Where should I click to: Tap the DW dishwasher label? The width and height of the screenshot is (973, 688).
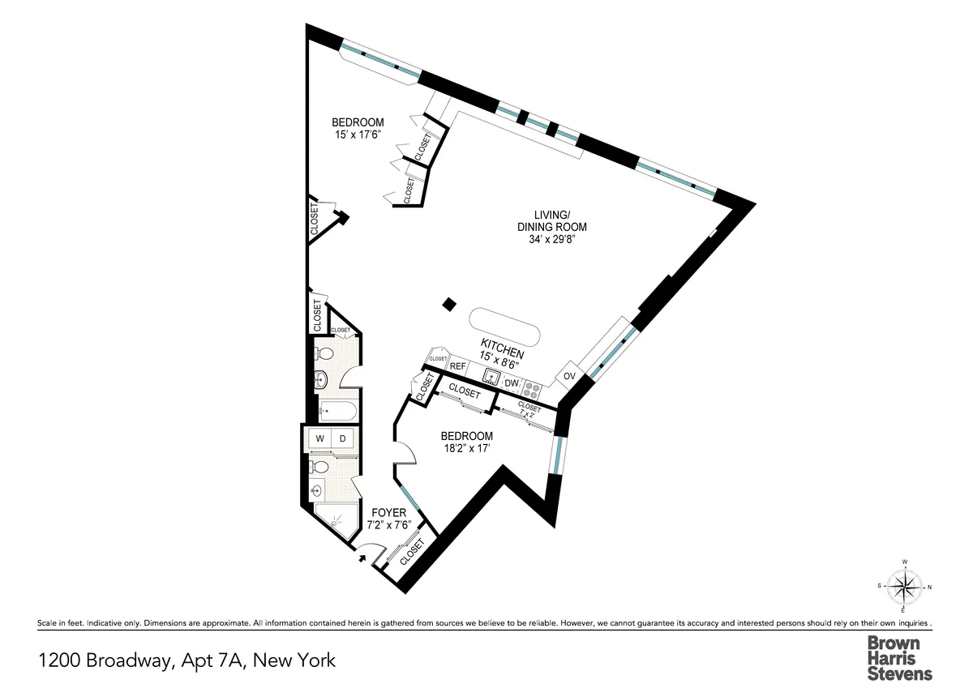tap(511, 383)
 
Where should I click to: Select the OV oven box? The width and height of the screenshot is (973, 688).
tap(569, 377)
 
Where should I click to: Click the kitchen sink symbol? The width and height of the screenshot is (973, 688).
tap(491, 376)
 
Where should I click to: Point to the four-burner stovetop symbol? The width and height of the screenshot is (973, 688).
tap(531, 387)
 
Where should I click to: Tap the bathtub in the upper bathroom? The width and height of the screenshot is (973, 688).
tap(334, 411)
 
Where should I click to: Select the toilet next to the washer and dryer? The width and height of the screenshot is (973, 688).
tap(319, 468)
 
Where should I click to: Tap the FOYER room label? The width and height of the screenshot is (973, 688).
tap(388, 513)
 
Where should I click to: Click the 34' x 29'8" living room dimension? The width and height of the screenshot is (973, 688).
tap(549, 239)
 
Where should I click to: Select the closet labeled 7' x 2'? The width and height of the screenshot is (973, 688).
tap(528, 410)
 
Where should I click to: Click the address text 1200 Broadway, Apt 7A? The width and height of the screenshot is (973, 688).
tap(186, 660)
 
